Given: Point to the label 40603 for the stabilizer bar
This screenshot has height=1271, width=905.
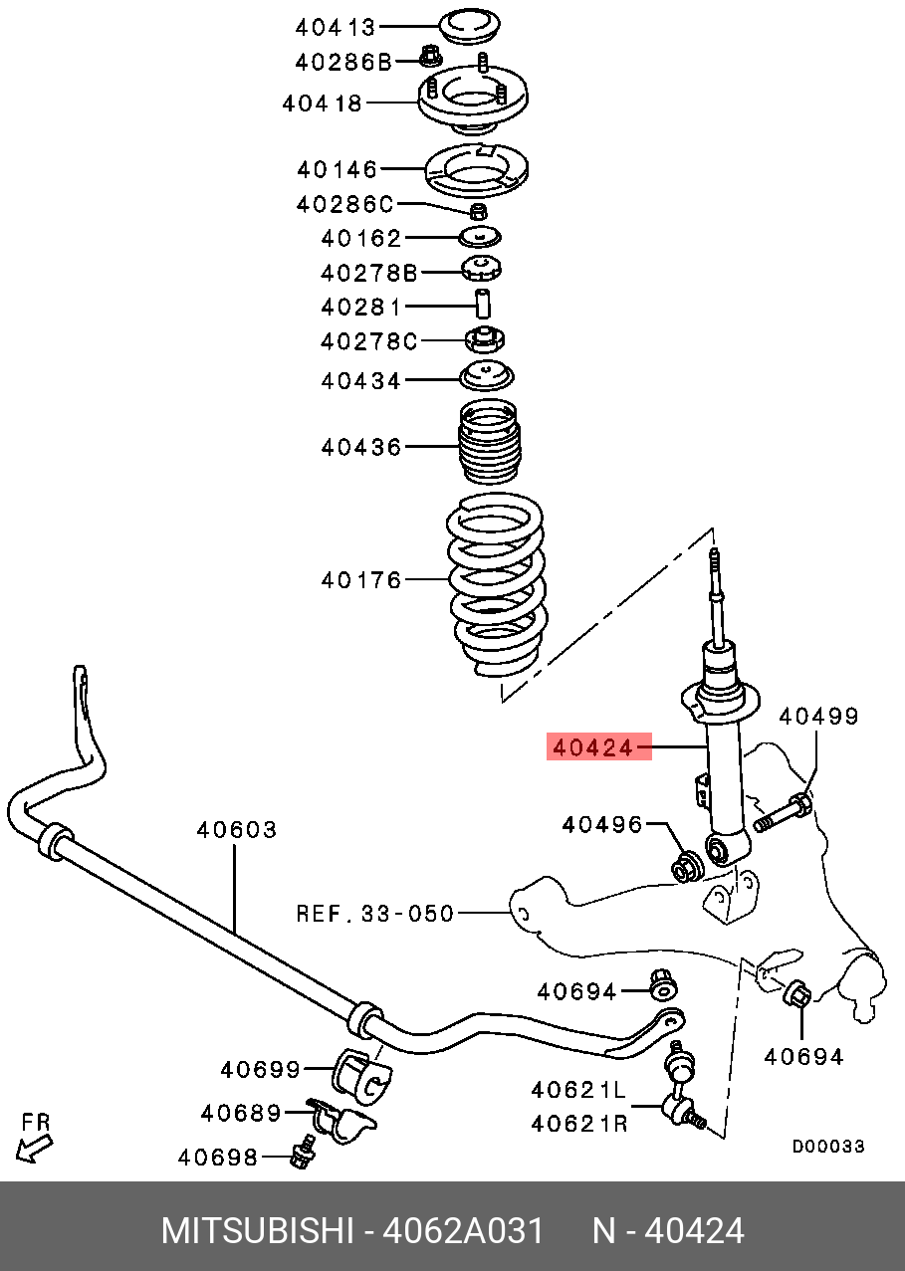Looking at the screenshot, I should [236, 829].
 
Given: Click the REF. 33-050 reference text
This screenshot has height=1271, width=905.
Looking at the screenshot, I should [374, 913].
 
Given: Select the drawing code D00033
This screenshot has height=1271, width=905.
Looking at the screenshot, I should [827, 1147].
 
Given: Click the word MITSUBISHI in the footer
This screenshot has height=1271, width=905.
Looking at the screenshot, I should [256, 1231].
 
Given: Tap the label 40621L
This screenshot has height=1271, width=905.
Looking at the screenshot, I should [579, 1091].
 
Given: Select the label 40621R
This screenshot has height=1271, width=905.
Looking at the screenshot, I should [579, 1124].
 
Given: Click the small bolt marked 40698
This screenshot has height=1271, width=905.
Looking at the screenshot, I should [298, 1156].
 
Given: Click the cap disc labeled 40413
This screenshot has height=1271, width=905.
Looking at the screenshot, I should [471, 25].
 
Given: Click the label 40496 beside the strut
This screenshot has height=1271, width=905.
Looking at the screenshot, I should [601, 824].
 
